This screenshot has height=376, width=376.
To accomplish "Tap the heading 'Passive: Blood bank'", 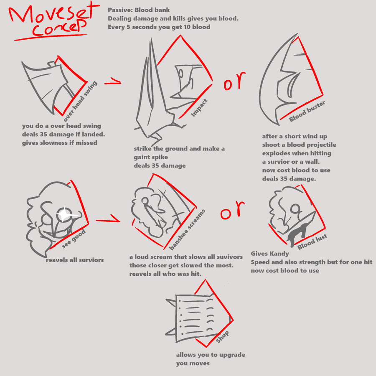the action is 139,10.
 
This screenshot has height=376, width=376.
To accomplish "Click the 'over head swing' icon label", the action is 80,101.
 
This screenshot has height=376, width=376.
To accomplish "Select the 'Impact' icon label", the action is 199,108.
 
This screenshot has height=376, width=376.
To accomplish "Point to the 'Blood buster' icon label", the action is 307,111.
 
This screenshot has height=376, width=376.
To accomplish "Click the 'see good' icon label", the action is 74,239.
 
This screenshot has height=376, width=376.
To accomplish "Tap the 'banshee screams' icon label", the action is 187,229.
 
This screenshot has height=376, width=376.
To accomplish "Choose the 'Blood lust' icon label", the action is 312,242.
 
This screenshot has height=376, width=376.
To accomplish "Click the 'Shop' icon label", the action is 222,337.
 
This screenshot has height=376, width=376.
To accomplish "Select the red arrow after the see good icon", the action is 108,218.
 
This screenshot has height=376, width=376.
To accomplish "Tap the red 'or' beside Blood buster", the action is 235,81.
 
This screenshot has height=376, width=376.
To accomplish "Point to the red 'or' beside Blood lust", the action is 232,210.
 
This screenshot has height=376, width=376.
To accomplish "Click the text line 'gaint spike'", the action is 151,158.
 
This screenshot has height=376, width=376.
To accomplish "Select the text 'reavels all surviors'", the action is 75,260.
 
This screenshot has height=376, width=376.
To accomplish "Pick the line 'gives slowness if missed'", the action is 60,143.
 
